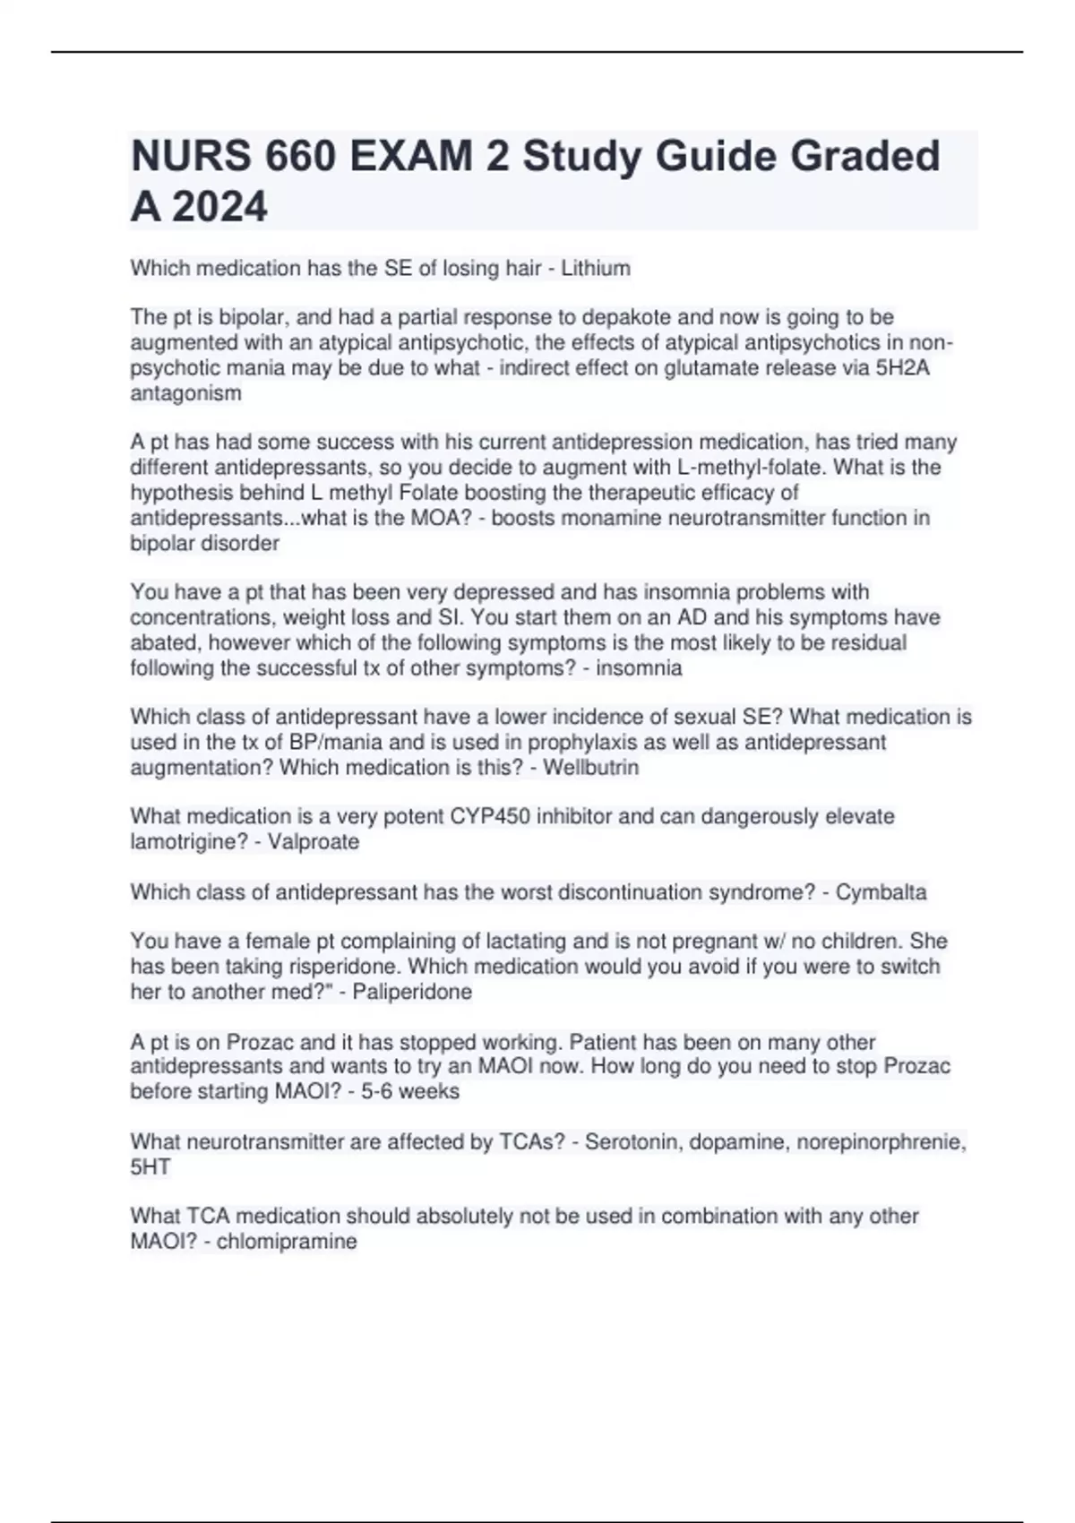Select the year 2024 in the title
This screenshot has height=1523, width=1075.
tap(219, 208)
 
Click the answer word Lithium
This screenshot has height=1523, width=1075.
tap(596, 268)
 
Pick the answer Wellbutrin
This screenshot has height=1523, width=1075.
tap(591, 767)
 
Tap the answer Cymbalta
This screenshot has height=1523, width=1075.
tap(881, 891)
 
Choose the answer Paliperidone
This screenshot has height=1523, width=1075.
tap(412, 991)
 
